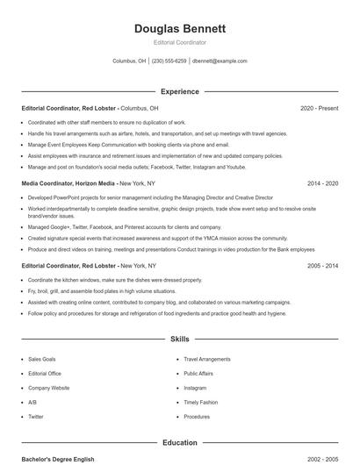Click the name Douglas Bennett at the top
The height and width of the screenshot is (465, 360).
(180, 28)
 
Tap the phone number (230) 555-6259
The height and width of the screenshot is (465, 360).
(169, 61)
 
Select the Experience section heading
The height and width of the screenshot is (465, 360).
(180, 91)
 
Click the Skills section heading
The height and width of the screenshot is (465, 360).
(180, 339)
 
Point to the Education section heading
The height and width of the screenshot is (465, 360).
(180, 443)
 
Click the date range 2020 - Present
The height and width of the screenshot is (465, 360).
(319, 108)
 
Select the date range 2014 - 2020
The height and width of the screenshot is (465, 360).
(322, 183)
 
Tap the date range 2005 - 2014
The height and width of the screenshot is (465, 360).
(322, 265)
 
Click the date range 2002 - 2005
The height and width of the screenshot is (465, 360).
(322, 459)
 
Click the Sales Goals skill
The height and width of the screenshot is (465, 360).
(42, 359)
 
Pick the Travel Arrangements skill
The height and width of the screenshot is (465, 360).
(207, 359)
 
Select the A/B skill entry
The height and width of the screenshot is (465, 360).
(32, 402)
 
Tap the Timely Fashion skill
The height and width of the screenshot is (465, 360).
(199, 402)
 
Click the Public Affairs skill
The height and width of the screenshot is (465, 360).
(199, 373)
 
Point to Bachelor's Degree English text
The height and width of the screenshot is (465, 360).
(58, 459)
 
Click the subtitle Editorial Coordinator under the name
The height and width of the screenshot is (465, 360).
(180, 42)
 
